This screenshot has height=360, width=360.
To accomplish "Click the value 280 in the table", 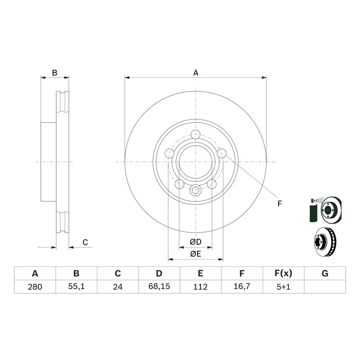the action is (x=35, y=287).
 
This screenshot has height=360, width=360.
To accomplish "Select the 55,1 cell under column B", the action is (x=76, y=287).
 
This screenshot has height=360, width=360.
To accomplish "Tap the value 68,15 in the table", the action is (x=159, y=287).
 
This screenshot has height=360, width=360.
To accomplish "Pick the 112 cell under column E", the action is (x=200, y=287).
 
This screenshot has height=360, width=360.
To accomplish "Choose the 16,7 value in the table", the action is (x=242, y=287).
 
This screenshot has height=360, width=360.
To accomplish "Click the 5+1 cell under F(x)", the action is (x=283, y=287).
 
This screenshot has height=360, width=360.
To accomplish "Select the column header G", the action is (x=325, y=274).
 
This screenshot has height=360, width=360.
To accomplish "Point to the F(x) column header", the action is (x=283, y=274).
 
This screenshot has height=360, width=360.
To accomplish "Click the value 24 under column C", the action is (x=117, y=287).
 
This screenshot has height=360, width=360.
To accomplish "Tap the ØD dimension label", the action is (x=195, y=242).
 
